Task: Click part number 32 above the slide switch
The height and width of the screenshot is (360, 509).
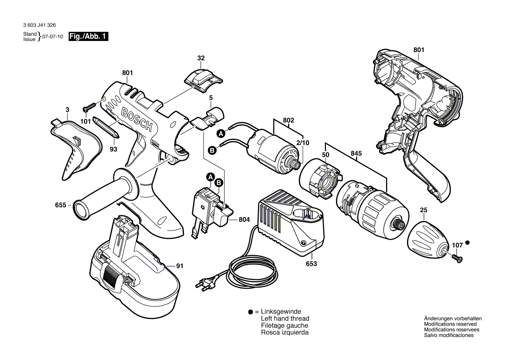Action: point(201,58)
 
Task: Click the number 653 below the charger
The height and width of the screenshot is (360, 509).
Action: point(311,264)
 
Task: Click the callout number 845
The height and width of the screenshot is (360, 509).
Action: point(356,153)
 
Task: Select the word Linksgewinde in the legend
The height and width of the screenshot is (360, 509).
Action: point(281,312)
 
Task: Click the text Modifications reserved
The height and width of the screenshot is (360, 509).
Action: point(450,324)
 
